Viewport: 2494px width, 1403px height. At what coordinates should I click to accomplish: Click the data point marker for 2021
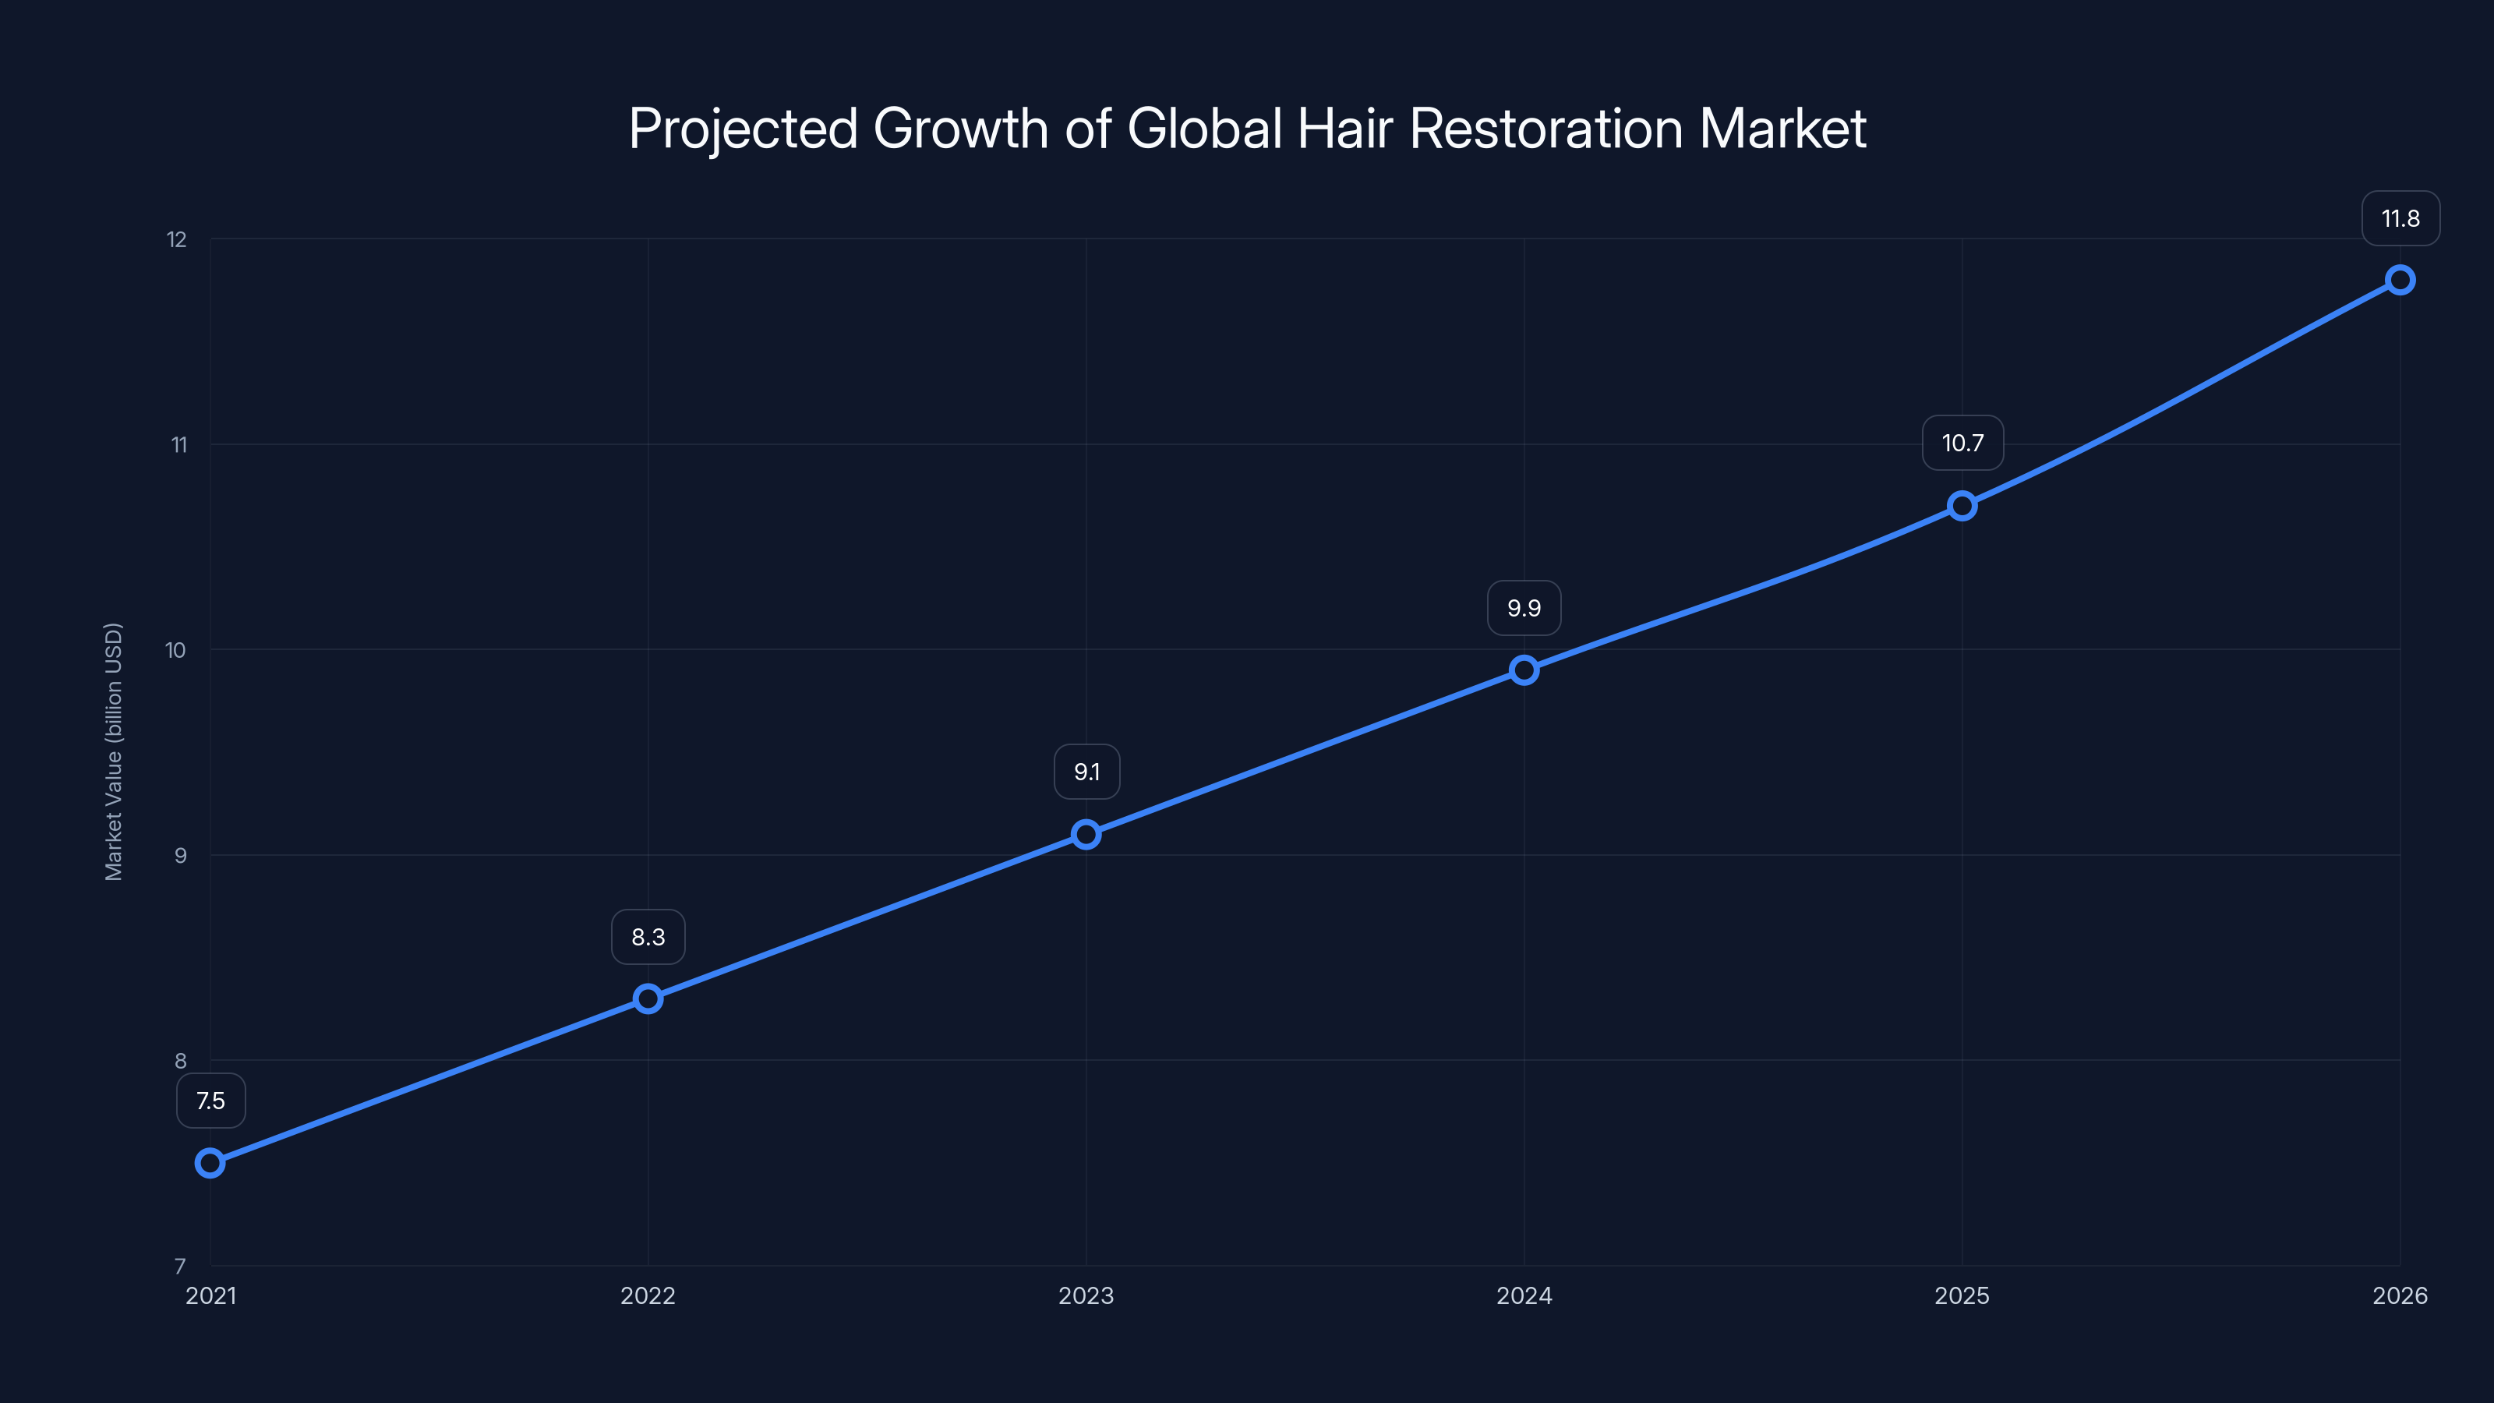click(210, 1162)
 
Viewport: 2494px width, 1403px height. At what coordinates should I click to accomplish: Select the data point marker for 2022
click(648, 998)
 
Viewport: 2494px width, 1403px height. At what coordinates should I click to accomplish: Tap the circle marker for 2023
click(1086, 834)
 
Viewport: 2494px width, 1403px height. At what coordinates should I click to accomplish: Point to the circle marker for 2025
click(1962, 505)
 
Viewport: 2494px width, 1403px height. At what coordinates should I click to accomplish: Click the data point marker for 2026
click(2400, 280)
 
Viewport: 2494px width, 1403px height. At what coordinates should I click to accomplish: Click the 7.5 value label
click(210, 1101)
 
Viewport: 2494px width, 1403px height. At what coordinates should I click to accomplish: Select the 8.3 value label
click(648, 937)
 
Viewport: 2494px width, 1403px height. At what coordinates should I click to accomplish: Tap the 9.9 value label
click(1524, 608)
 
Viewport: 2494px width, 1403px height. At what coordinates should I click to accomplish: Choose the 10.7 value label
click(1962, 443)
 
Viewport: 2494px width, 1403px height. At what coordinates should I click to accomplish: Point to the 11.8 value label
click(2400, 219)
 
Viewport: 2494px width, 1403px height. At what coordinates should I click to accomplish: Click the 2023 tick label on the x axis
click(1086, 1295)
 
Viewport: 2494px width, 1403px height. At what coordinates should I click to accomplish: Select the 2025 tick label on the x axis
click(1962, 1295)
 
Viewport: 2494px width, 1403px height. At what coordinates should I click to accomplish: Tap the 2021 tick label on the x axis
click(210, 1295)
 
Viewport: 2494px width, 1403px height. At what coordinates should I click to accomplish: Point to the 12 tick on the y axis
click(176, 239)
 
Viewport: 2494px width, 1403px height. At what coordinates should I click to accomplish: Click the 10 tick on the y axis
click(175, 650)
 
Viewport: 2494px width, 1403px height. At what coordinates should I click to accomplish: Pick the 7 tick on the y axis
click(180, 1266)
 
